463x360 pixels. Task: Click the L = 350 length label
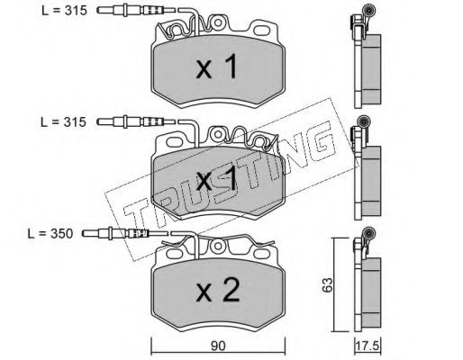tap(50, 233)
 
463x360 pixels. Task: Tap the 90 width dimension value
tap(218, 346)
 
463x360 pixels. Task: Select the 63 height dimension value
tap(328, 284)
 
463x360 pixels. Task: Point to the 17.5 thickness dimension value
tap(368, 346)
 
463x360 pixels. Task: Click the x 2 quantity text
tap(218, 290)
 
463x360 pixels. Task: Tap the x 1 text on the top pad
tap(217, 67)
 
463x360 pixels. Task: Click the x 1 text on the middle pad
tap(217, 179)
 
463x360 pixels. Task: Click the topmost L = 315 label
tap(64, 11)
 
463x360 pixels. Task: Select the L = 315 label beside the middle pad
tap(63, 122)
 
